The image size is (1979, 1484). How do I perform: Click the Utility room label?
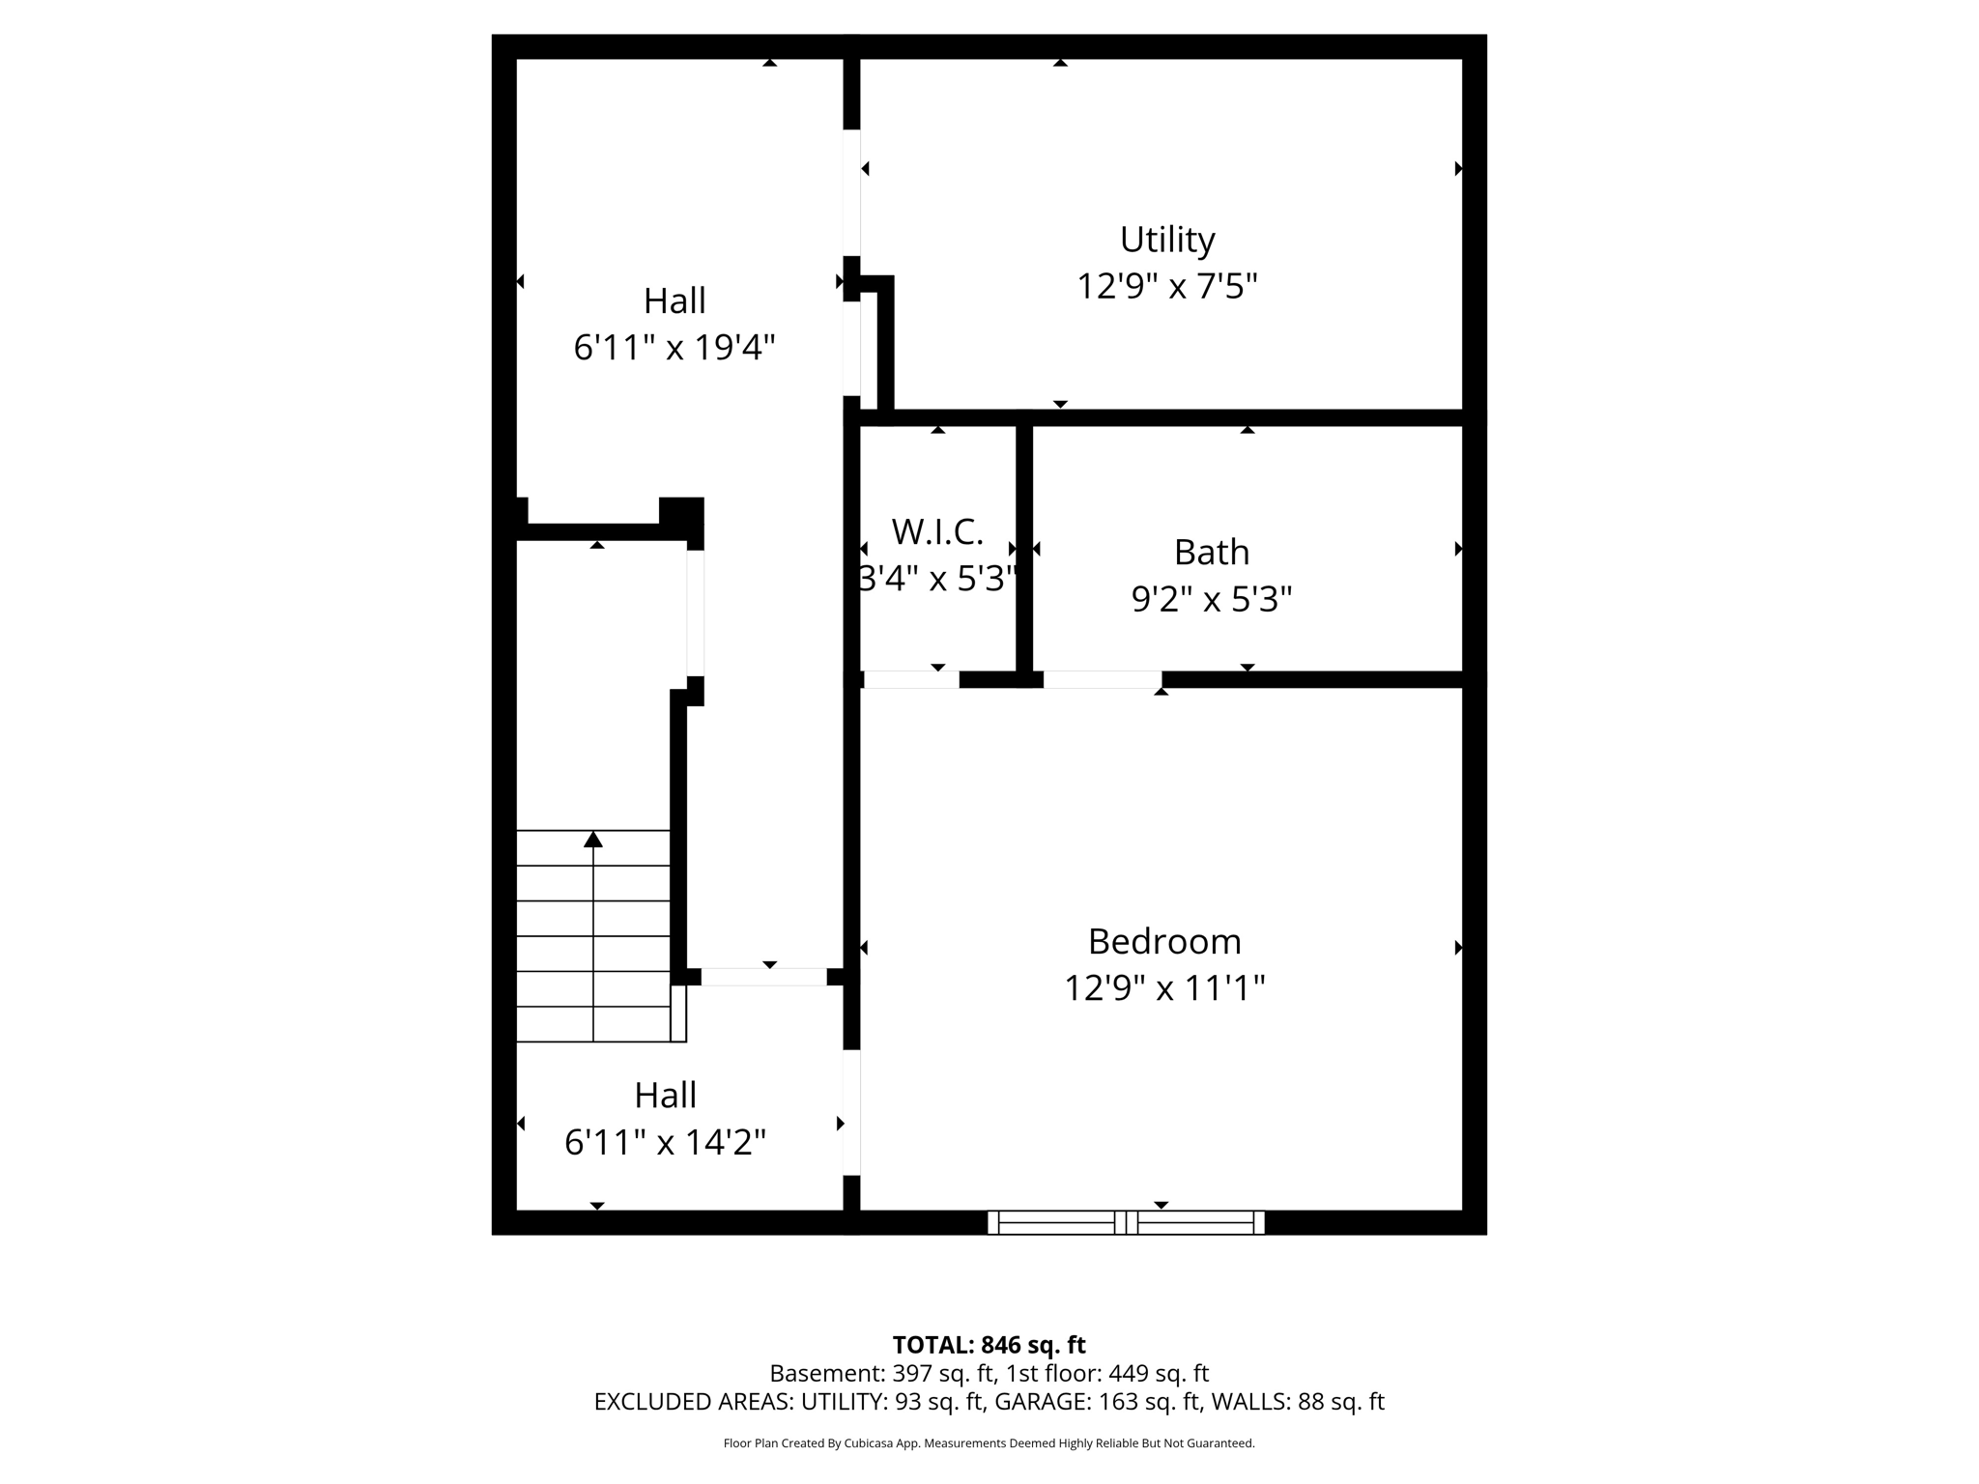click(x=1166, y=240)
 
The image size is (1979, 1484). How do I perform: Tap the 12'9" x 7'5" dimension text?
click(x=1166, y=287)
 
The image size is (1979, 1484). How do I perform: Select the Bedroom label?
click(x=1163, y=941)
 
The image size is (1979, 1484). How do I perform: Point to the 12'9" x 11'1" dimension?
click(x=1163, y=988)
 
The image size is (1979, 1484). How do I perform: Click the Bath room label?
click(x=1211, y=553)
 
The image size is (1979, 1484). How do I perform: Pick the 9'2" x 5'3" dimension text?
click(x=1211, y=600)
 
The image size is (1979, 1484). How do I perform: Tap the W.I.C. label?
click(x=936, y=531)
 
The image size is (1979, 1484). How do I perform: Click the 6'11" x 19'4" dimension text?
click(x=674, y=347)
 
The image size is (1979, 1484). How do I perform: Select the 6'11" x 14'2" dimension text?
click(x=665, y=1143)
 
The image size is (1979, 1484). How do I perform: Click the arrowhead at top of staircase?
click(x=593, y=840)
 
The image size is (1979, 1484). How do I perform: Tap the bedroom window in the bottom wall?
click(x=1126, y=1222)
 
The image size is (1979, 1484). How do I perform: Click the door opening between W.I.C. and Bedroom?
click(x=910, y=680)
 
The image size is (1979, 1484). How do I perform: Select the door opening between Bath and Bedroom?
click(x=1102, y=680)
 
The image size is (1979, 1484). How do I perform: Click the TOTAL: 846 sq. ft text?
click(x=989, y=1345)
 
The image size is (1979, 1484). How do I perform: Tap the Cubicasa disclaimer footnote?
click(x=989, y=1443)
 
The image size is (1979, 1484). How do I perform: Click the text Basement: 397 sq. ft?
click(x=881, y=1373)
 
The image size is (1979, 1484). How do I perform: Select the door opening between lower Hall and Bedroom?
click(x=851, y=1112)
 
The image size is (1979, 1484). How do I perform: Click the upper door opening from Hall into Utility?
click(x=851, y=192)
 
